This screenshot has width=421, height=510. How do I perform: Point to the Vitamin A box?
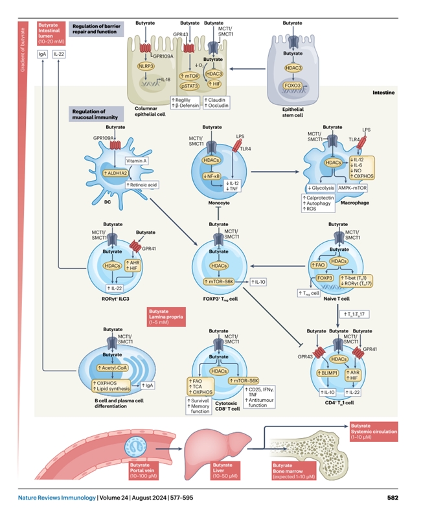[138, 160]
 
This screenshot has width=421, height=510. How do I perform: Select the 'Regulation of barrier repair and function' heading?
[97, 28]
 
